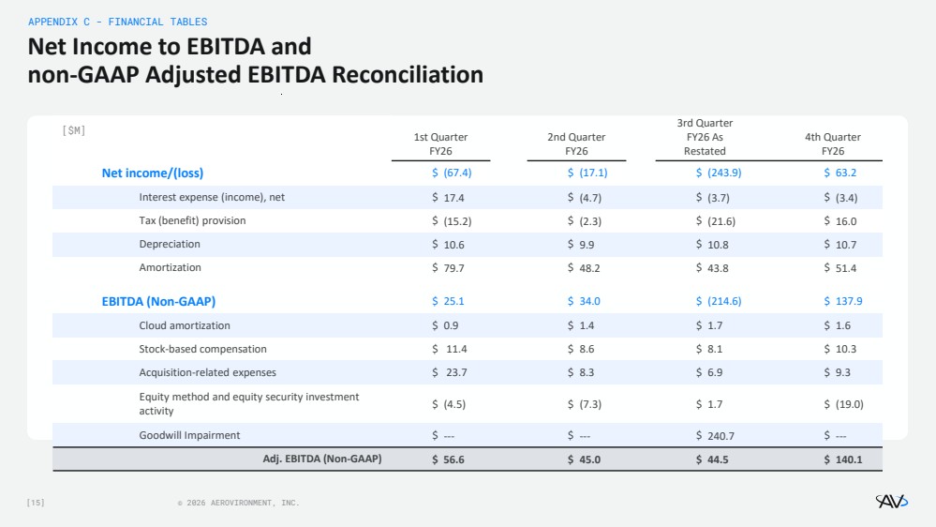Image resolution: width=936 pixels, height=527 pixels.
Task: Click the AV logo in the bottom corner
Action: tap(891, 501)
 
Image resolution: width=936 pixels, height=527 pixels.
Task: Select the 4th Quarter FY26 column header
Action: tap(833, 144)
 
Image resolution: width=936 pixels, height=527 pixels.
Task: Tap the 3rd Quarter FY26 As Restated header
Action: tap(705, 137)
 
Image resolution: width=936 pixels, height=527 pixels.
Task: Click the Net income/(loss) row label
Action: tap(152, 173)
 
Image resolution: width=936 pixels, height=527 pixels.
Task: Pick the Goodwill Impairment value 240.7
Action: tap(721, 436)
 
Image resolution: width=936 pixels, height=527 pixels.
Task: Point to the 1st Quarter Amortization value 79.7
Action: tap(453, 267)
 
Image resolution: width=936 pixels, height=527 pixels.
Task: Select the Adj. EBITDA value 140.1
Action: tap(849, 459)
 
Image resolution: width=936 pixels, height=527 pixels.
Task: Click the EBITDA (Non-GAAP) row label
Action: tap(158, 301)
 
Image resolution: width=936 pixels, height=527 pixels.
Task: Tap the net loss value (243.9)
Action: tap(724, 173)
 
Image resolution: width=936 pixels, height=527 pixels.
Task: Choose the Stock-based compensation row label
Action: tap(203, 349)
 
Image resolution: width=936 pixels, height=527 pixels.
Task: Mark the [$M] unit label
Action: tap(73, 130)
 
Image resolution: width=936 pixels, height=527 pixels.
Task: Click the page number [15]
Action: tap(36, 503)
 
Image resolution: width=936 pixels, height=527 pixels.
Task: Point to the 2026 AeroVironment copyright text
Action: tap(239, 503)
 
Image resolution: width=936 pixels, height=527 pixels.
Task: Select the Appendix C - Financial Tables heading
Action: tap(118, 22)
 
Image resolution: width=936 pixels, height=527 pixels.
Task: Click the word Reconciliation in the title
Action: tap(408, 75)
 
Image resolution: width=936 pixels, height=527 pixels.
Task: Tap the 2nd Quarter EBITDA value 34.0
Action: tap(589, 301)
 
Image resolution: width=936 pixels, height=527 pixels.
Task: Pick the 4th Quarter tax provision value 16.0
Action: tap(846, 221)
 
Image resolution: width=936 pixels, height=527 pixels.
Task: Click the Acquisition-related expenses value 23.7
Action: tap(456, 372)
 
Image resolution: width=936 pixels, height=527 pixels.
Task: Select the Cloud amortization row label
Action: tap(185, 325)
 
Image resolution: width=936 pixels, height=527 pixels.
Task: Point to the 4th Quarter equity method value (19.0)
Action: tap(849, 404)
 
